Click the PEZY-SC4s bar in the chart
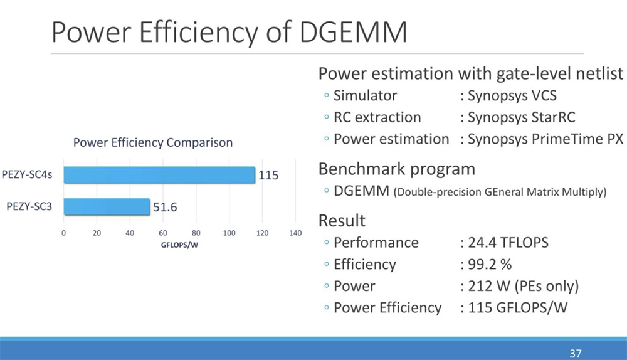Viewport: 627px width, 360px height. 159,175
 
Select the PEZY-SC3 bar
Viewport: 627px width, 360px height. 107,206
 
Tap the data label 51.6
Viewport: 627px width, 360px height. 166,207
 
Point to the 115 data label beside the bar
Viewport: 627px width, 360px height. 268,176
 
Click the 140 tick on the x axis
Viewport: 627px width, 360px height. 295,233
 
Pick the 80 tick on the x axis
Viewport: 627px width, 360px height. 196,233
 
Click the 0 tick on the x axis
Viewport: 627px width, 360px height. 63,233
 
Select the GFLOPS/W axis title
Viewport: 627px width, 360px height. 179,244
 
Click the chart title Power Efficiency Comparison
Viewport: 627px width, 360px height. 153,142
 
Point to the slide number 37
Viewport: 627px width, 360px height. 575,352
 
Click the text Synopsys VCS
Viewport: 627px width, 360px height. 513,96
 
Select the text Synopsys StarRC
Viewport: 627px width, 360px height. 521,117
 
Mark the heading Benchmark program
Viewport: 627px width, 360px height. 396,169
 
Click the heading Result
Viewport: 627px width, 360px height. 342,220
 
